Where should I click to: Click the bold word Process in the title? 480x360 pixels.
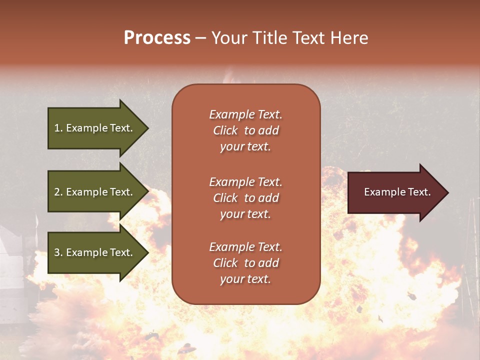coord(157,38)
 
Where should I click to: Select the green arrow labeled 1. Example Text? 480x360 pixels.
coord(95,128)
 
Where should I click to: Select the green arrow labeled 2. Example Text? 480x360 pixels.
coord(95,192)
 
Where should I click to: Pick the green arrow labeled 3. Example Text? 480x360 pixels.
coord(95,252)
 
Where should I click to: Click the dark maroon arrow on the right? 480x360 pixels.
coord(395,192)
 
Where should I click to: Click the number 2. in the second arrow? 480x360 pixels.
coord(58,192)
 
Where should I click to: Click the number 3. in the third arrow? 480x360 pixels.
coord(58,252)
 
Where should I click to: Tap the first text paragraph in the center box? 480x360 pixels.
coord(245,130)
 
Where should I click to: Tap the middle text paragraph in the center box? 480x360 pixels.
coord(245,198)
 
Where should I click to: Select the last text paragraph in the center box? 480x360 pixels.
coord(245,263)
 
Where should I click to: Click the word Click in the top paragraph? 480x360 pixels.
coord(225,130)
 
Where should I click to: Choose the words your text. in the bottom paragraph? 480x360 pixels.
coord(245,279)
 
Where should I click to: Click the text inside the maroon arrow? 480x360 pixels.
coord(397,192)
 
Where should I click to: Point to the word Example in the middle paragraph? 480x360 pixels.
coord(231,182)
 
